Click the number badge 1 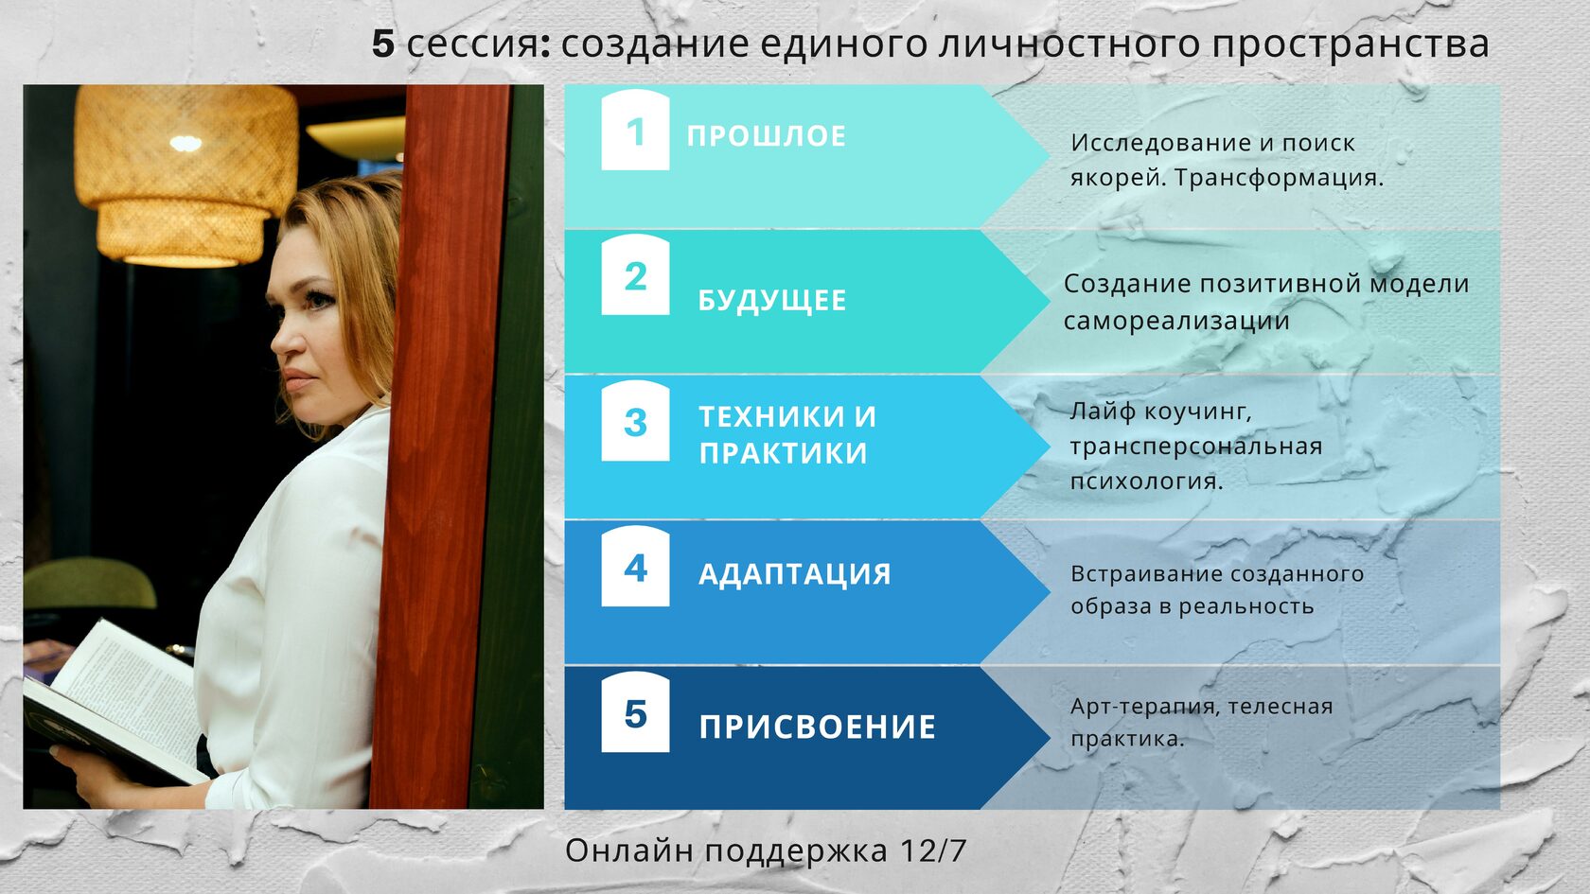tap(635, 130)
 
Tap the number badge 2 tap(635, 274)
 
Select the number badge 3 tap(635, 421)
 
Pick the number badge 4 tap(635, 566)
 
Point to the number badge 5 tap(635, 711)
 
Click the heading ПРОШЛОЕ tap(767, 136)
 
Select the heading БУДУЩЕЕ tap(772, 301)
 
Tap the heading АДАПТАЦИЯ tap(795, 574)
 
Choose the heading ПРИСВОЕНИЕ tap(818, 727)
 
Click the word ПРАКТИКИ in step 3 tap(784, 452)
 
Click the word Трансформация tap(1280, 178)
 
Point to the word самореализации tap(1176, 322)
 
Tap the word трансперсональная tap(1196, 447)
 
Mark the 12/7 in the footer tap(932, 850)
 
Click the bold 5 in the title tap(382, 44)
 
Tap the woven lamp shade tap(185, 174)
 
